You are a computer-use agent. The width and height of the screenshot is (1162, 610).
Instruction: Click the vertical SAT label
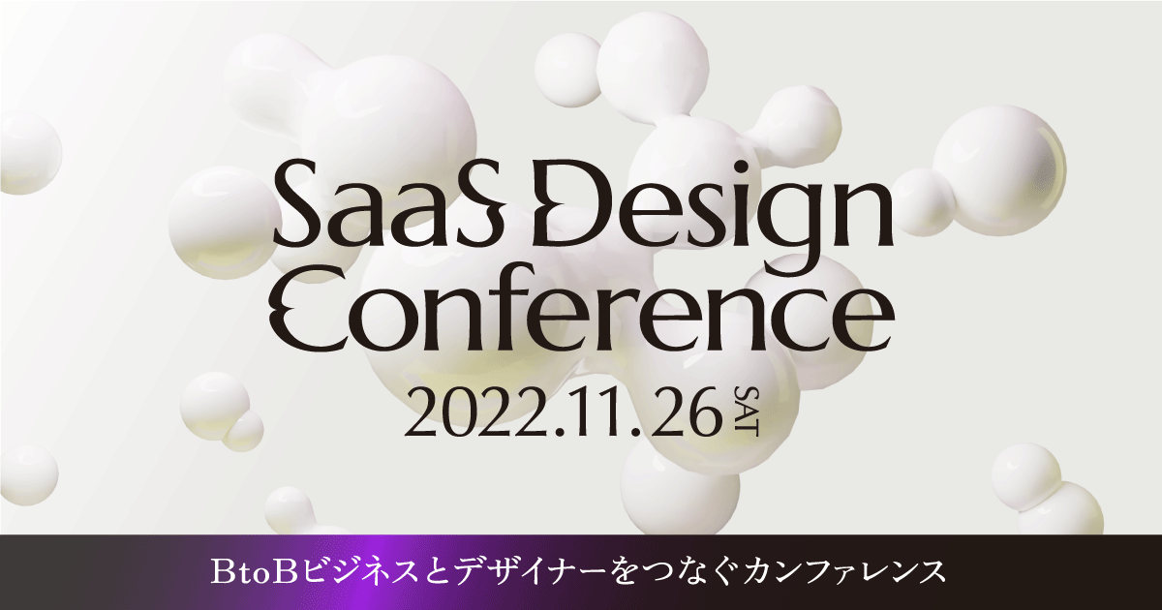click(x=746, y=411)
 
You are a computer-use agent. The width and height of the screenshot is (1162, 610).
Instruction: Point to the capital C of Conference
click(x=310, y=318)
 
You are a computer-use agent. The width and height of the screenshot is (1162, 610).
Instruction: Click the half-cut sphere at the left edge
click(x=27, y=153)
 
